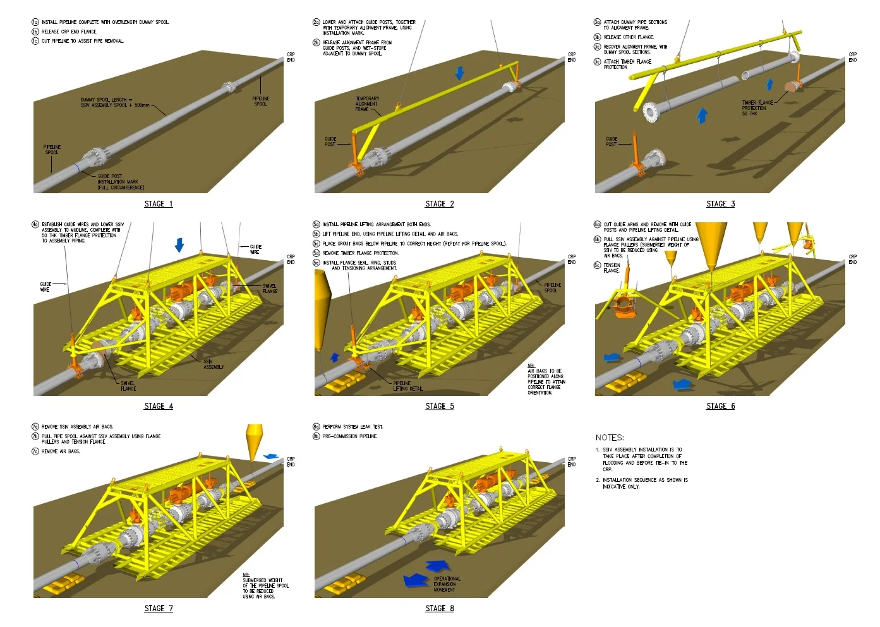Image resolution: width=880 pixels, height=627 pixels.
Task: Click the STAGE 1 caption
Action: (158, 204)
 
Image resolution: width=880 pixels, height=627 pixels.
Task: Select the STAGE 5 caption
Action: (439, 406)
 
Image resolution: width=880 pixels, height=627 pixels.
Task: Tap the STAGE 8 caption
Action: (439, 609)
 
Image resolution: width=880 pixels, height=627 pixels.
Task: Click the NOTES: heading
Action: (610, 438)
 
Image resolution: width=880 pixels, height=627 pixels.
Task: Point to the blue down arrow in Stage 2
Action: (459, 73)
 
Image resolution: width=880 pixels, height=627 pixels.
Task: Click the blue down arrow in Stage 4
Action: (179, 245)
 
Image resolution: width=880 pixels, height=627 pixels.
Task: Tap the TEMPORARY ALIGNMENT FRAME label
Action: (367, 104)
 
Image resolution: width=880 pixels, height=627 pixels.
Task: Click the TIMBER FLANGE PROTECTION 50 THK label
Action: (756, 108)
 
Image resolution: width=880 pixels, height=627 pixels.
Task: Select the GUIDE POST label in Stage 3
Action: (611, 141)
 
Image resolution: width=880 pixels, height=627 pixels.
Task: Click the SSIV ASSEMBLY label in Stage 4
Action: (213, 364)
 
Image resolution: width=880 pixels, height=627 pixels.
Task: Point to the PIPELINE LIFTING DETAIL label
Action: (407, 386)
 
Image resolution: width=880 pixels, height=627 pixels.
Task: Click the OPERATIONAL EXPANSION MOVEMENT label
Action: (447, 584)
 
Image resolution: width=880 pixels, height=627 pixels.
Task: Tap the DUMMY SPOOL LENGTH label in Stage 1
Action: (114, 102)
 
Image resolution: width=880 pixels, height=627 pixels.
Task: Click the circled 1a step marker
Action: (35, 22)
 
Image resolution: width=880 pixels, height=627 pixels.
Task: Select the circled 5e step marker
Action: (316, 263)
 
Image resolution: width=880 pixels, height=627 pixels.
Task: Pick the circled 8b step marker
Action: (316, 436)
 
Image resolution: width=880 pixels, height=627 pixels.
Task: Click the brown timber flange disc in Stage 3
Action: (792, 87)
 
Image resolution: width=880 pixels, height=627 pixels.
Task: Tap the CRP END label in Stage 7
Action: (291, 462)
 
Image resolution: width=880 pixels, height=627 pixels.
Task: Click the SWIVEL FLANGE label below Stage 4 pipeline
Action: (128, 386)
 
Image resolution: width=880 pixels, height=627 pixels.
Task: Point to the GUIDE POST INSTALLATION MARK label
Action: (120, 182)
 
